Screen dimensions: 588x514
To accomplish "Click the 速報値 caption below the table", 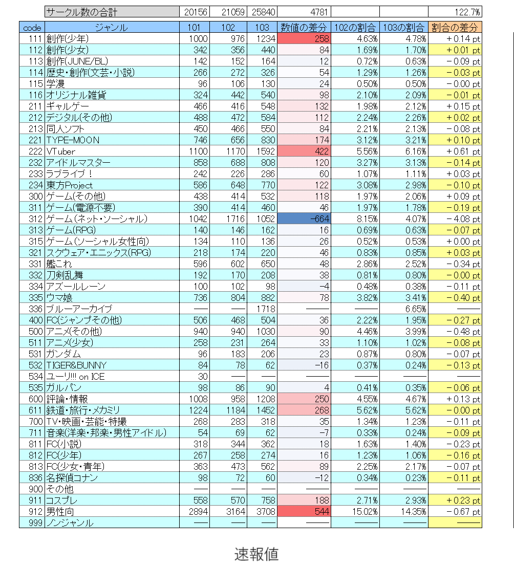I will point(256,554).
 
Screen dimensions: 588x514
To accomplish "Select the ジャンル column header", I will point(111,28).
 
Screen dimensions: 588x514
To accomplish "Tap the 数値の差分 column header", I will point(304,28).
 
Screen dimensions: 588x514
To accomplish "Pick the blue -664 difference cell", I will point(304,219).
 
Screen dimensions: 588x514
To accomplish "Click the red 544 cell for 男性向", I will point(304,511).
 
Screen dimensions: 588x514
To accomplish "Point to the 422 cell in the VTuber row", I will point(304,151).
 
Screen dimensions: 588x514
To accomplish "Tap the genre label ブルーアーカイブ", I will point(78,309).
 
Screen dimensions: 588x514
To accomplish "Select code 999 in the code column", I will point(32,522).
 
